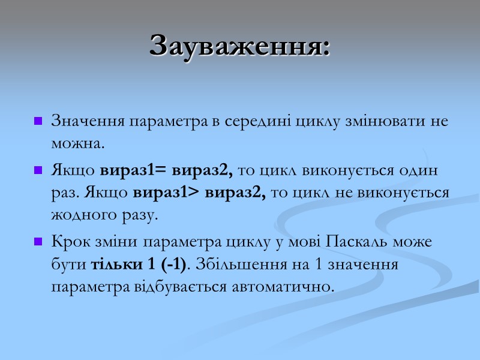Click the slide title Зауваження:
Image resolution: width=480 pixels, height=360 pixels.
click(x=239, y=46)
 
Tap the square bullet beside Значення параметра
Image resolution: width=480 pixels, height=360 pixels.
click(x=38, y=122)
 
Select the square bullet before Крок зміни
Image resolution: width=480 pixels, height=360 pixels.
click(x=38, y=242)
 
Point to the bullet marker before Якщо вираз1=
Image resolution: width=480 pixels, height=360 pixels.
click(x=38, y=170)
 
